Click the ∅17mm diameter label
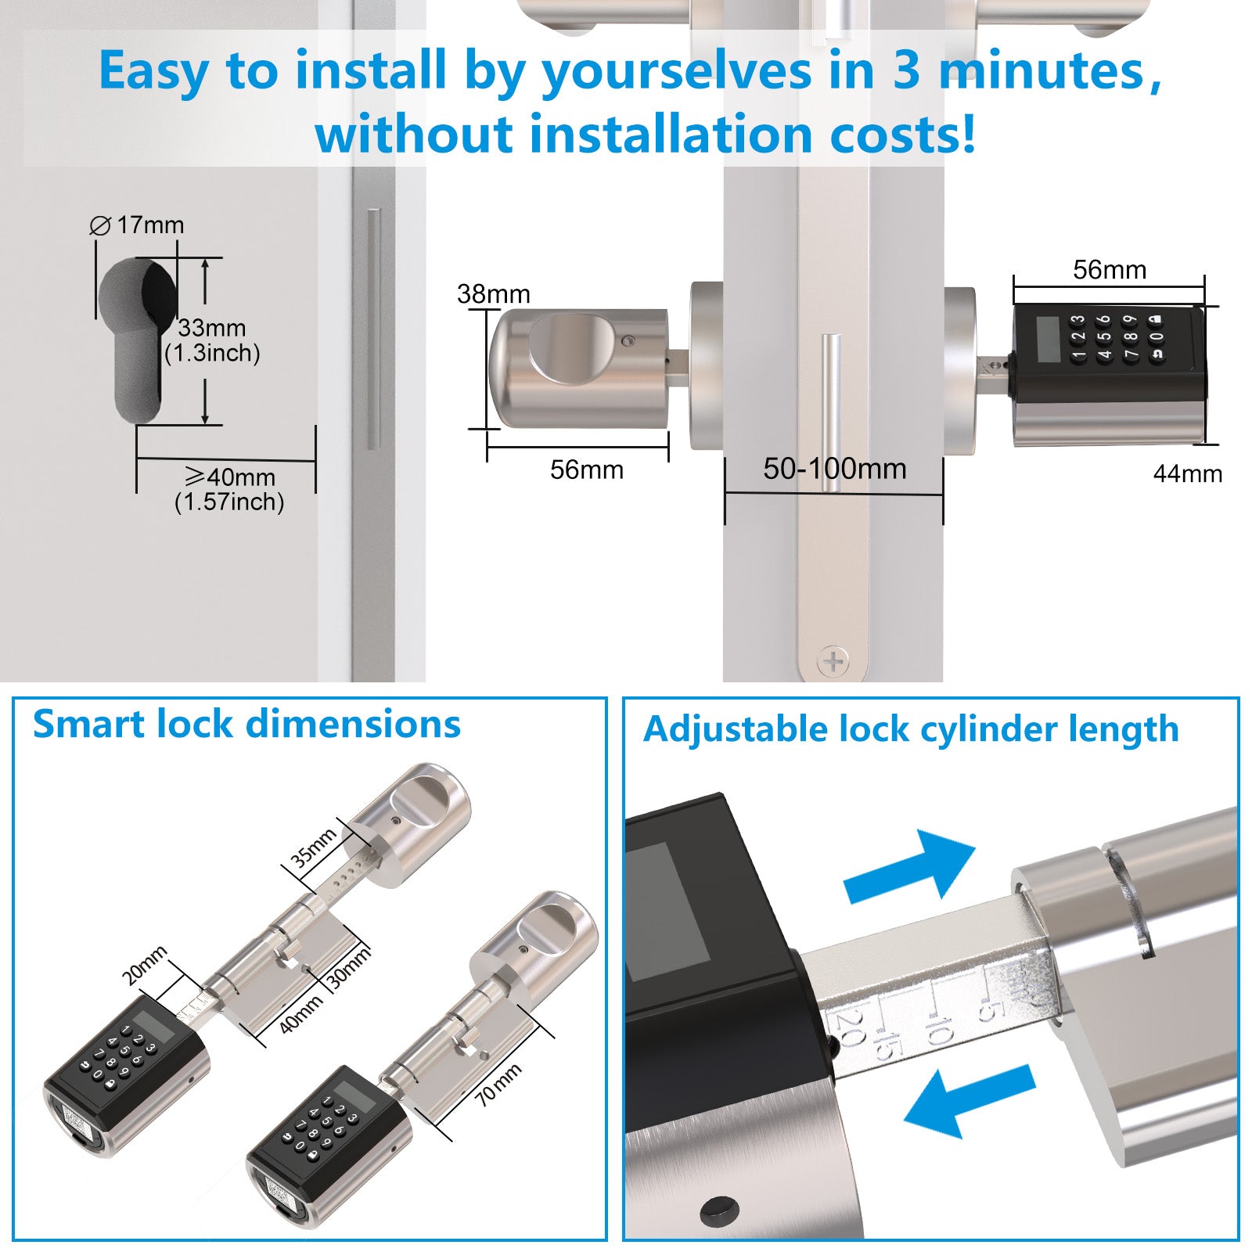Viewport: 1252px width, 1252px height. point(137,225)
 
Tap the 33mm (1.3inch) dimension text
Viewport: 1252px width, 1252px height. point(212,340)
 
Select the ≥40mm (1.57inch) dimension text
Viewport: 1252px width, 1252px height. point(229,489)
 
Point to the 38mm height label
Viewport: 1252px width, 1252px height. point(494,294)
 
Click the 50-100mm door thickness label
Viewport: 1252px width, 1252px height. point(835,469)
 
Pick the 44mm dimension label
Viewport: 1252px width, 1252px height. point(1188,473)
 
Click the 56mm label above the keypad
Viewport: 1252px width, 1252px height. point(1110,270)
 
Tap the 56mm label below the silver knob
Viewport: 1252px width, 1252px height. point(587,469)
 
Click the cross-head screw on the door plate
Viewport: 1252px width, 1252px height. point(833,662)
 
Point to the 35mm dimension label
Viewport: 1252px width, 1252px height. point(313,847)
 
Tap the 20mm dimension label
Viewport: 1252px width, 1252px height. point(145,966)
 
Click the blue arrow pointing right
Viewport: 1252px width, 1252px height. point(910,866)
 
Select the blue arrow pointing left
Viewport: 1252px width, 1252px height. point(970,1100)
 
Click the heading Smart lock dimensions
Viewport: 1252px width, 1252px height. point(246,724)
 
